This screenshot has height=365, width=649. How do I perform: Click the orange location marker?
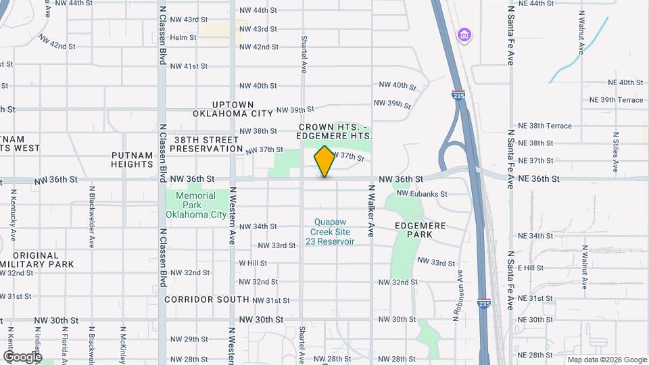coord(324,162)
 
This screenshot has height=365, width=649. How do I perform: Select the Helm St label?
coord(183,37)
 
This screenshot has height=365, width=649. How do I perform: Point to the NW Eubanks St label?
coord(422,193)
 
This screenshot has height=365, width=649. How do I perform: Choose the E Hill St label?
coord(531,268)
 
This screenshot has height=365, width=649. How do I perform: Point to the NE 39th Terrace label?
coord(617,99)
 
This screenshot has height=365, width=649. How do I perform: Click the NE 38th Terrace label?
coord(545,126)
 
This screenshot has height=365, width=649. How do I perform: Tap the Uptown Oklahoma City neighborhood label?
coord(233,109)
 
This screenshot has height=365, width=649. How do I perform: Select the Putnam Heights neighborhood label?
coord(133,160)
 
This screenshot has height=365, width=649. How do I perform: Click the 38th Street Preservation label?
coord(208,144)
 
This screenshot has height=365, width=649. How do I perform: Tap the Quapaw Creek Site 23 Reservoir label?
coord(330,231)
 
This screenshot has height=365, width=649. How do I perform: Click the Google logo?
coord(22,356)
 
